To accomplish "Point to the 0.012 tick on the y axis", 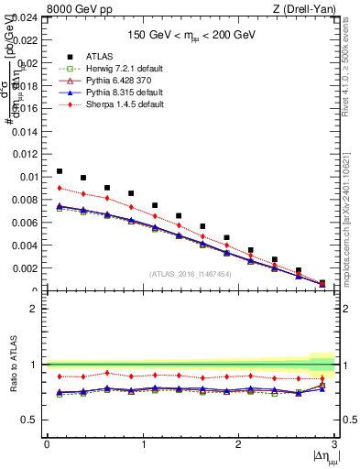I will [26, 154].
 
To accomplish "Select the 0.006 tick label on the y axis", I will [26, 223].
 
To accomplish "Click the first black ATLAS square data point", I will [60, 171].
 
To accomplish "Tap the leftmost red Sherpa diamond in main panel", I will [60, 188].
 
